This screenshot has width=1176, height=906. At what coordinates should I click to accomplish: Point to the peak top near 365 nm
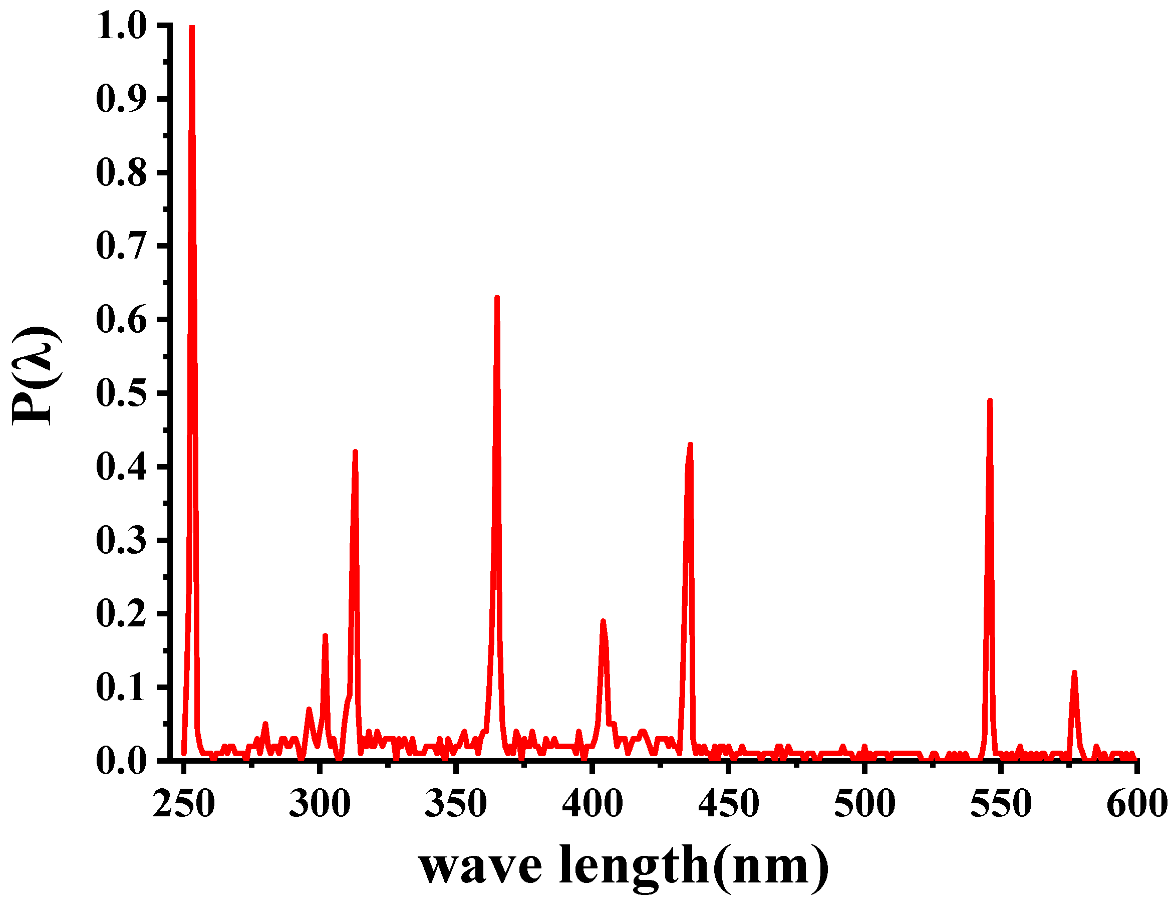497,298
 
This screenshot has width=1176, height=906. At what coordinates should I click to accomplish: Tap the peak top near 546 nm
990,401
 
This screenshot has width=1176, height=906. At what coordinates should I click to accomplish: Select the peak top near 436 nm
690,445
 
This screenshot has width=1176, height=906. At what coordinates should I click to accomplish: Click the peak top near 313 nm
355,451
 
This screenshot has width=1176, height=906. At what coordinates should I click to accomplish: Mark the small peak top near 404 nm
603,621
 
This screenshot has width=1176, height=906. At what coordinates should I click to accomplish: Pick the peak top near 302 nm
325,636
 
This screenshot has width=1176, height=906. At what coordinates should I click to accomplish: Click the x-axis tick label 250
184,804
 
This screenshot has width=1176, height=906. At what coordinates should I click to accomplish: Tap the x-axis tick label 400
593,804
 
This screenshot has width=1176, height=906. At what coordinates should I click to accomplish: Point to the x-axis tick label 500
865,804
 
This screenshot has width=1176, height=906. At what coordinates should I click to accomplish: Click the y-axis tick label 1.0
122,26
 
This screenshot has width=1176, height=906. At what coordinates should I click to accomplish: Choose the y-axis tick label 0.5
122,394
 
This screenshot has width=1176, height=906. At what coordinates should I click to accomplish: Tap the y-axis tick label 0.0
122,761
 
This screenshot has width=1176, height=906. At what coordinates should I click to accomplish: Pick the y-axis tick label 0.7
122,246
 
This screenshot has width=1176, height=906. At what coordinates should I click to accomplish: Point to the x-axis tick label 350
456,804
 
